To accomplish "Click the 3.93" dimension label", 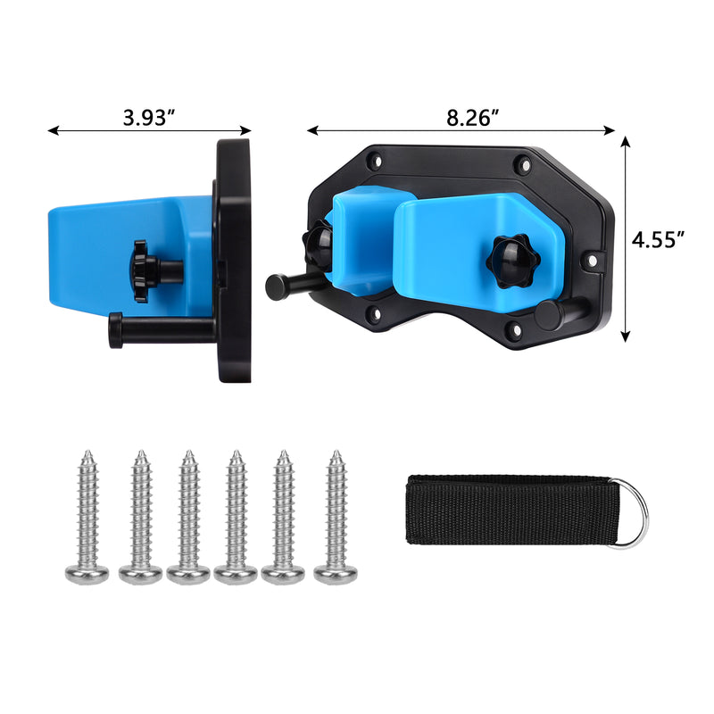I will coord(149,118).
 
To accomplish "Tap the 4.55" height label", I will coord(657,239).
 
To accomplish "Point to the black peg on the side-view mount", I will coord(161,328).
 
